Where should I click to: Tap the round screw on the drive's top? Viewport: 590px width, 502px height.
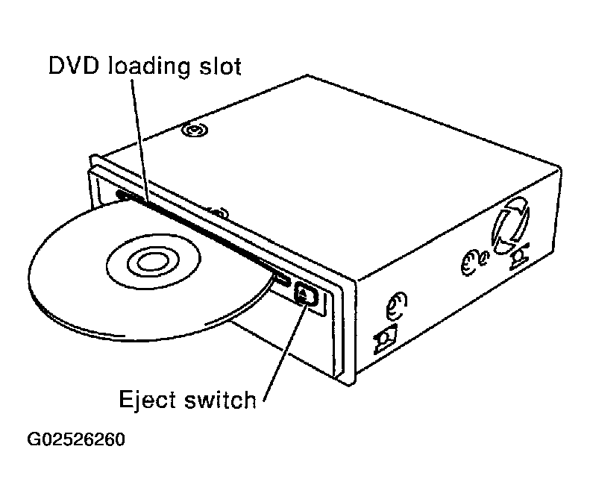pos(192,131)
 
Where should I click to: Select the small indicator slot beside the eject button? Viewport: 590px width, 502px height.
pos(282,280)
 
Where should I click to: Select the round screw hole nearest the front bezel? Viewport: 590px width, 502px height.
pos(396,306)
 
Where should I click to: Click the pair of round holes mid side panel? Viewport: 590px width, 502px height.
pos(471,262)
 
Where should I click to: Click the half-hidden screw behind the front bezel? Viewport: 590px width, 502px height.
pos(218,214)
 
